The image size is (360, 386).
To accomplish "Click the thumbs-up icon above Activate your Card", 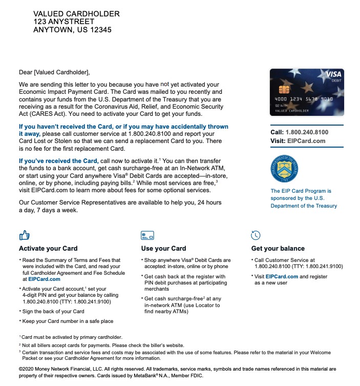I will [24, 235].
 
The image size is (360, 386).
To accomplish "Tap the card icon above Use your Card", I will [147, 235].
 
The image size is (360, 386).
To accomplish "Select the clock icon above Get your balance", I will [256, 235].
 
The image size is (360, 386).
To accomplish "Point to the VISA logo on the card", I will [333, 75].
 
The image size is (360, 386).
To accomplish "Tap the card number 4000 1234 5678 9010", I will [304, 99].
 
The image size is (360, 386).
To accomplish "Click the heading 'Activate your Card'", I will [48, 249].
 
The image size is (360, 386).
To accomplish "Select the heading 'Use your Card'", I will [163, 249].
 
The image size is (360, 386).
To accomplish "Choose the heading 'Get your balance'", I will [278, 249].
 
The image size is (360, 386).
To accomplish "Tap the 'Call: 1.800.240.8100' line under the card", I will [299, 132].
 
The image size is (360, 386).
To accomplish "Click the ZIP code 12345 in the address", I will [100, 30].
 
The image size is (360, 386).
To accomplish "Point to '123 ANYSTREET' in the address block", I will [63, 22].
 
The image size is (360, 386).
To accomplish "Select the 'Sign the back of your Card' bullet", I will [53, 311].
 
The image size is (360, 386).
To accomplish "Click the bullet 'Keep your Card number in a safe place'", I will [68, 321].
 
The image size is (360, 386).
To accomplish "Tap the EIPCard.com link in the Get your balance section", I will [282, 276].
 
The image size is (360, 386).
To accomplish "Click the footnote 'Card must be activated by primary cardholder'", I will [72, 337].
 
